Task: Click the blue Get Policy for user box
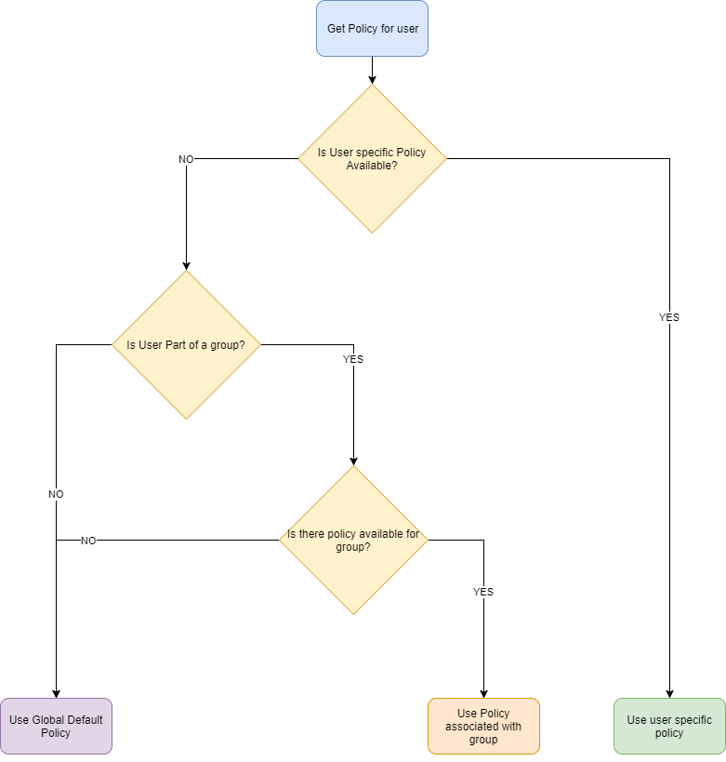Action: [x=372, y=29]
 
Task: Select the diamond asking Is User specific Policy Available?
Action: [x=372, y=159]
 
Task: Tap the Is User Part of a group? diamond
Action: [x=186, y=345]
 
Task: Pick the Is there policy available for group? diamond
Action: [x=353, y=541]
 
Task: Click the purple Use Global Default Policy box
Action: [x=56, y=726]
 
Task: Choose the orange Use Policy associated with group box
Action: [x=483, y=726]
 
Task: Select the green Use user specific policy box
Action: [x=669, y=726]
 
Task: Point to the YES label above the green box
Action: [x=669, y=317]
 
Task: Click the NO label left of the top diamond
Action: [x=186, y=159]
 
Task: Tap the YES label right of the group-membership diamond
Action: [x=353, y=359]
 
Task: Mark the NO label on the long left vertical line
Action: [x=56, y=494]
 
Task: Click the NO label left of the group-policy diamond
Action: [x=88, y=541]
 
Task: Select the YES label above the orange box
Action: [x=483, y=592]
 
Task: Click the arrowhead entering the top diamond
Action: [x=372, y=80]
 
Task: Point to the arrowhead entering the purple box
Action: [x=56, y=693]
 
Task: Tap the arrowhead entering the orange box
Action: [x=483, y=693]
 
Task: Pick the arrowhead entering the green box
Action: [x=669, y=693]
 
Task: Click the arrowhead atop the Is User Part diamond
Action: [x=186, y=265]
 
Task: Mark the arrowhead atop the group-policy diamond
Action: [x=353, y=461]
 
